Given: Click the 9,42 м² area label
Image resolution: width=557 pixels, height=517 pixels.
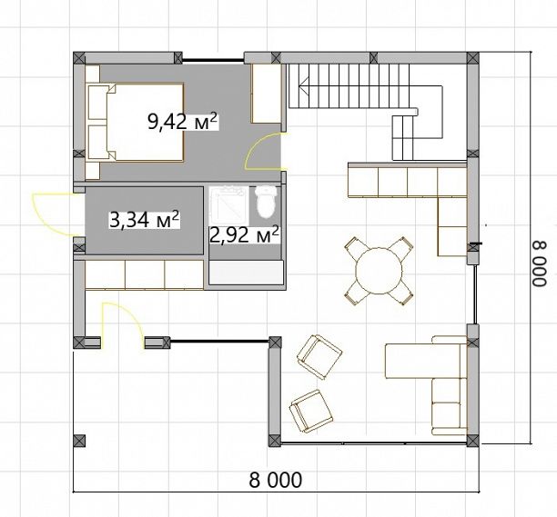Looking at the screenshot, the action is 182,122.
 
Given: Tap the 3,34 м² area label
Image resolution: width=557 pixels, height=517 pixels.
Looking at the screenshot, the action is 144,220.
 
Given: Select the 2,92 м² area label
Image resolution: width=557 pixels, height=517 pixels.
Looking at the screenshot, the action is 244,234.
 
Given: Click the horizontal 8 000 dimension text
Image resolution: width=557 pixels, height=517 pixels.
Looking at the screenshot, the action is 276,480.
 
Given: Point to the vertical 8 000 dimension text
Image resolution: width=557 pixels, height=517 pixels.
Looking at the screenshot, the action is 539,263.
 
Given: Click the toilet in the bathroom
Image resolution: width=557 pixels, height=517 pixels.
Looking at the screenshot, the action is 266,202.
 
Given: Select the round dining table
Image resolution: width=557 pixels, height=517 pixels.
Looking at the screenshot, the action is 380,271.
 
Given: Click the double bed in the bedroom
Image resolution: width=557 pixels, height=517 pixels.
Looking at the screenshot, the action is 135,123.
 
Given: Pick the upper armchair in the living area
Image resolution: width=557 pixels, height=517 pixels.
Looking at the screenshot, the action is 319,357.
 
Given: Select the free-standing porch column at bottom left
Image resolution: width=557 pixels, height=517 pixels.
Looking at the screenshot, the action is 79,441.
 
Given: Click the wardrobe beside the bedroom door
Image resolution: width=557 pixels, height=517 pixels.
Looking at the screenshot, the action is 267,94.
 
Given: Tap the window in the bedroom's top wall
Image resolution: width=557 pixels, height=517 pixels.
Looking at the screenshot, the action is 213,60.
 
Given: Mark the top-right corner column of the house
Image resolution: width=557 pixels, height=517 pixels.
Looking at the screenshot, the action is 472,58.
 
